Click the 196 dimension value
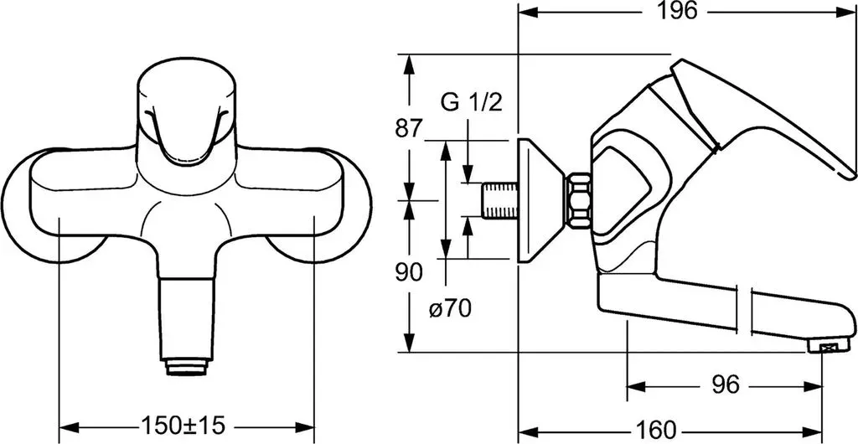coord(677,11)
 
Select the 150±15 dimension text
coord(183,425)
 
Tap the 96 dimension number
coord(726,385)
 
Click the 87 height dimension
coord(409,129)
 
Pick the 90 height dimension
coord(409,271)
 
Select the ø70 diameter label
coord(450,309)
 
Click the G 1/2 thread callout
coord(471,103)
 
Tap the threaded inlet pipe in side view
coord(499,200)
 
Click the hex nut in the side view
coord(579,200)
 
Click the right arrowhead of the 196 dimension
coord(846,12)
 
